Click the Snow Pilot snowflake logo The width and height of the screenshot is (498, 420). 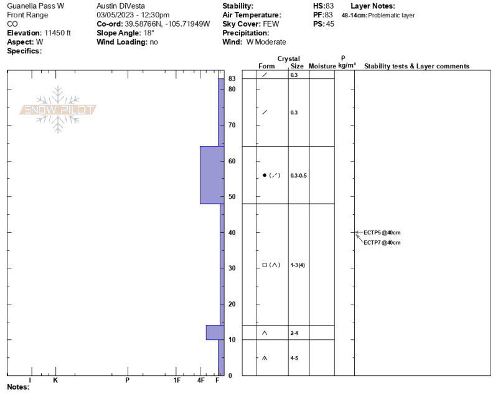tap(58, 110)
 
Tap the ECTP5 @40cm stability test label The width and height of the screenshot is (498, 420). tap(382, 232)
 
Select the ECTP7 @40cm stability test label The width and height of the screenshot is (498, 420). tap(382, 243)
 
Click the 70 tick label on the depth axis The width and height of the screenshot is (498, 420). tap(232, 126)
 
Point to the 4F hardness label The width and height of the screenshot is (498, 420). tap(200, 380)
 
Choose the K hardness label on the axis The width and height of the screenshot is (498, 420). tap(55, 380)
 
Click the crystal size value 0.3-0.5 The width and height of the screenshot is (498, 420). tap(299, 176)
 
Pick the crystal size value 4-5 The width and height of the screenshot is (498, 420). tap(294, 358)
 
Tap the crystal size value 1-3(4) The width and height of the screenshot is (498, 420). tap(298, 265)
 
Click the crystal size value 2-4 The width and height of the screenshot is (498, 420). tap(294, 333)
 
